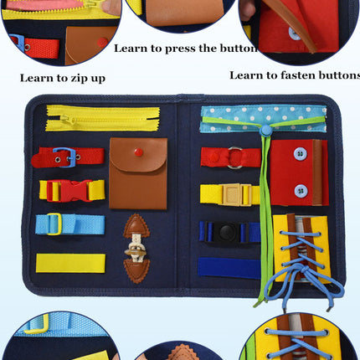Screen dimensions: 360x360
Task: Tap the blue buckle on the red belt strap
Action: coord(64,157)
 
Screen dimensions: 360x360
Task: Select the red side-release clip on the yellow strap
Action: coord(73,190)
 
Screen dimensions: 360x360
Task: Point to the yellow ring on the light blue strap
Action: coord(53,224)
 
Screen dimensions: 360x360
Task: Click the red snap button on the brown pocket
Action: coord(138,152)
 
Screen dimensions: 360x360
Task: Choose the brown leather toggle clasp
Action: coord(136,249)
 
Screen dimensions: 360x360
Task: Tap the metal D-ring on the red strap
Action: coord(235,157)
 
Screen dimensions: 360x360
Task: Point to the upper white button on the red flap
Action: coord(299,153)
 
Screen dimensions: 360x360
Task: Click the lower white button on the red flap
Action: coord(299,190)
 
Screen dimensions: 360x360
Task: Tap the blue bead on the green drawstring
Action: coord(265,131)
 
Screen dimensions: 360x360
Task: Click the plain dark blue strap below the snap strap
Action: coord(229,268)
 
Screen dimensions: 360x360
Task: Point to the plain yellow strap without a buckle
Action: coord(70,262)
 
